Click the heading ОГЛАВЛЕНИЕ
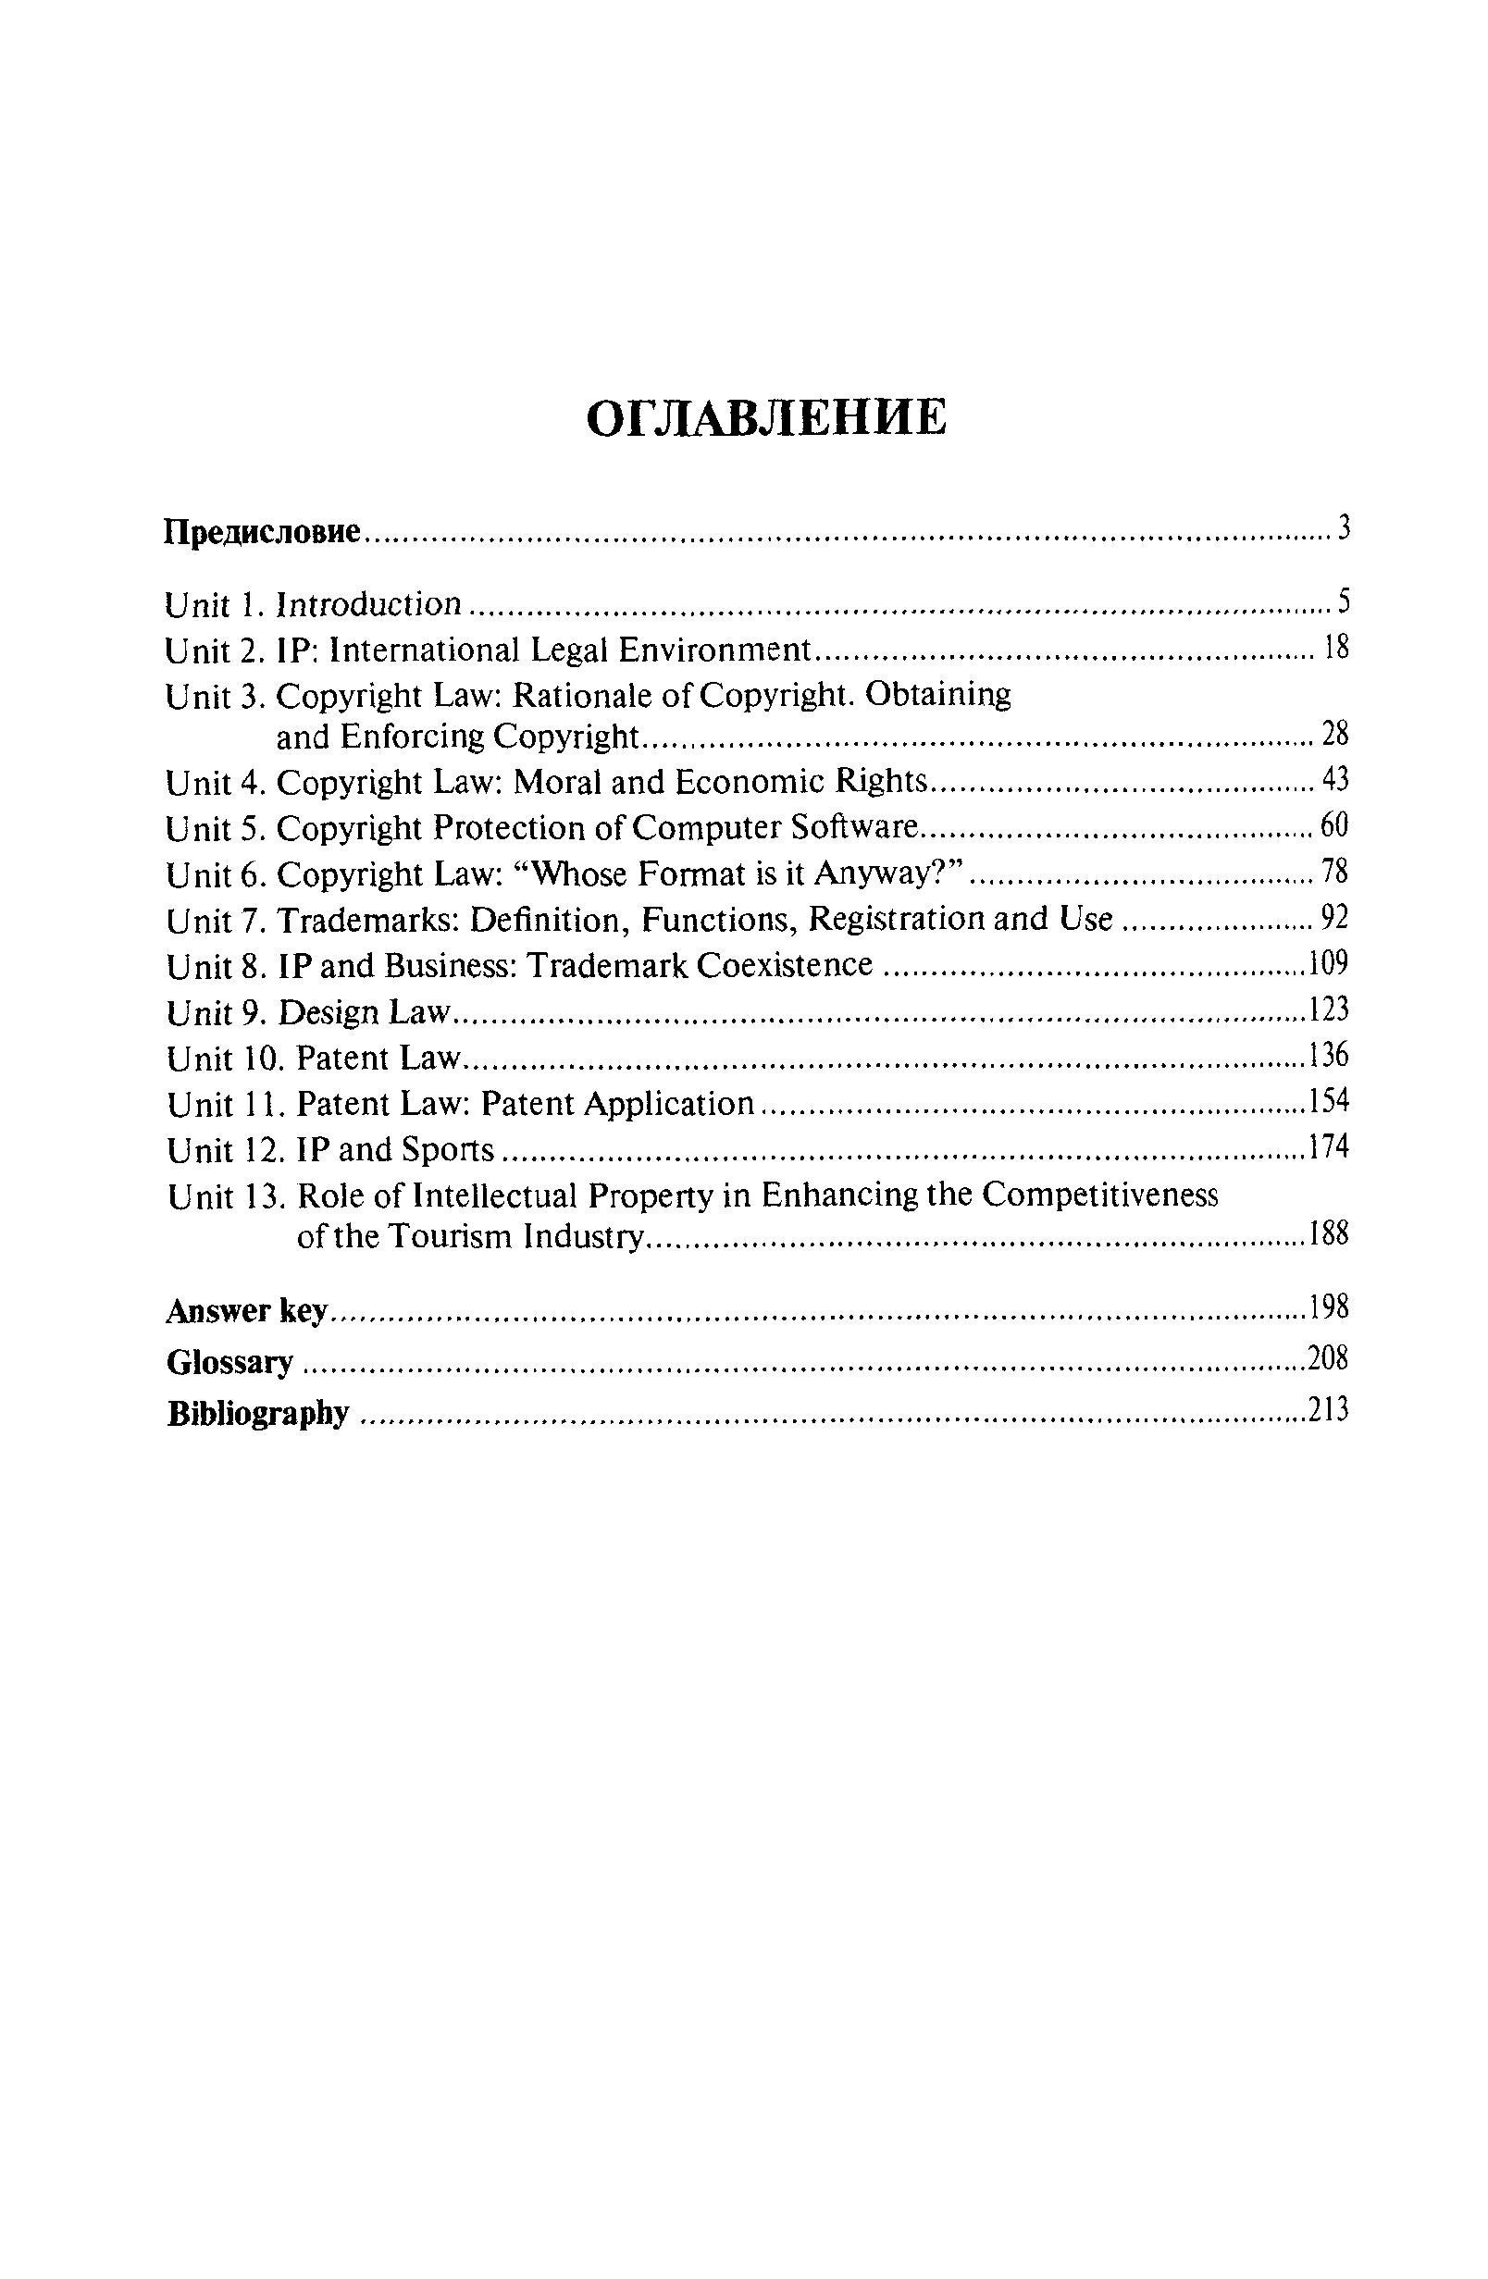(x=766, y=418)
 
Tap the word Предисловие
(x=263, y=530)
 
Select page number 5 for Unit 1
(x=1343, y=602)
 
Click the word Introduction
(x=369, y=604)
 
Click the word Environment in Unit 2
(x=713, y=650)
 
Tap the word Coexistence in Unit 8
(x=784, y=964)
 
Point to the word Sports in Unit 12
(x=447, y=1150)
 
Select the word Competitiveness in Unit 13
(x=1101, y=1195)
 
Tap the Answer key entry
(x=247, y=1310)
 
